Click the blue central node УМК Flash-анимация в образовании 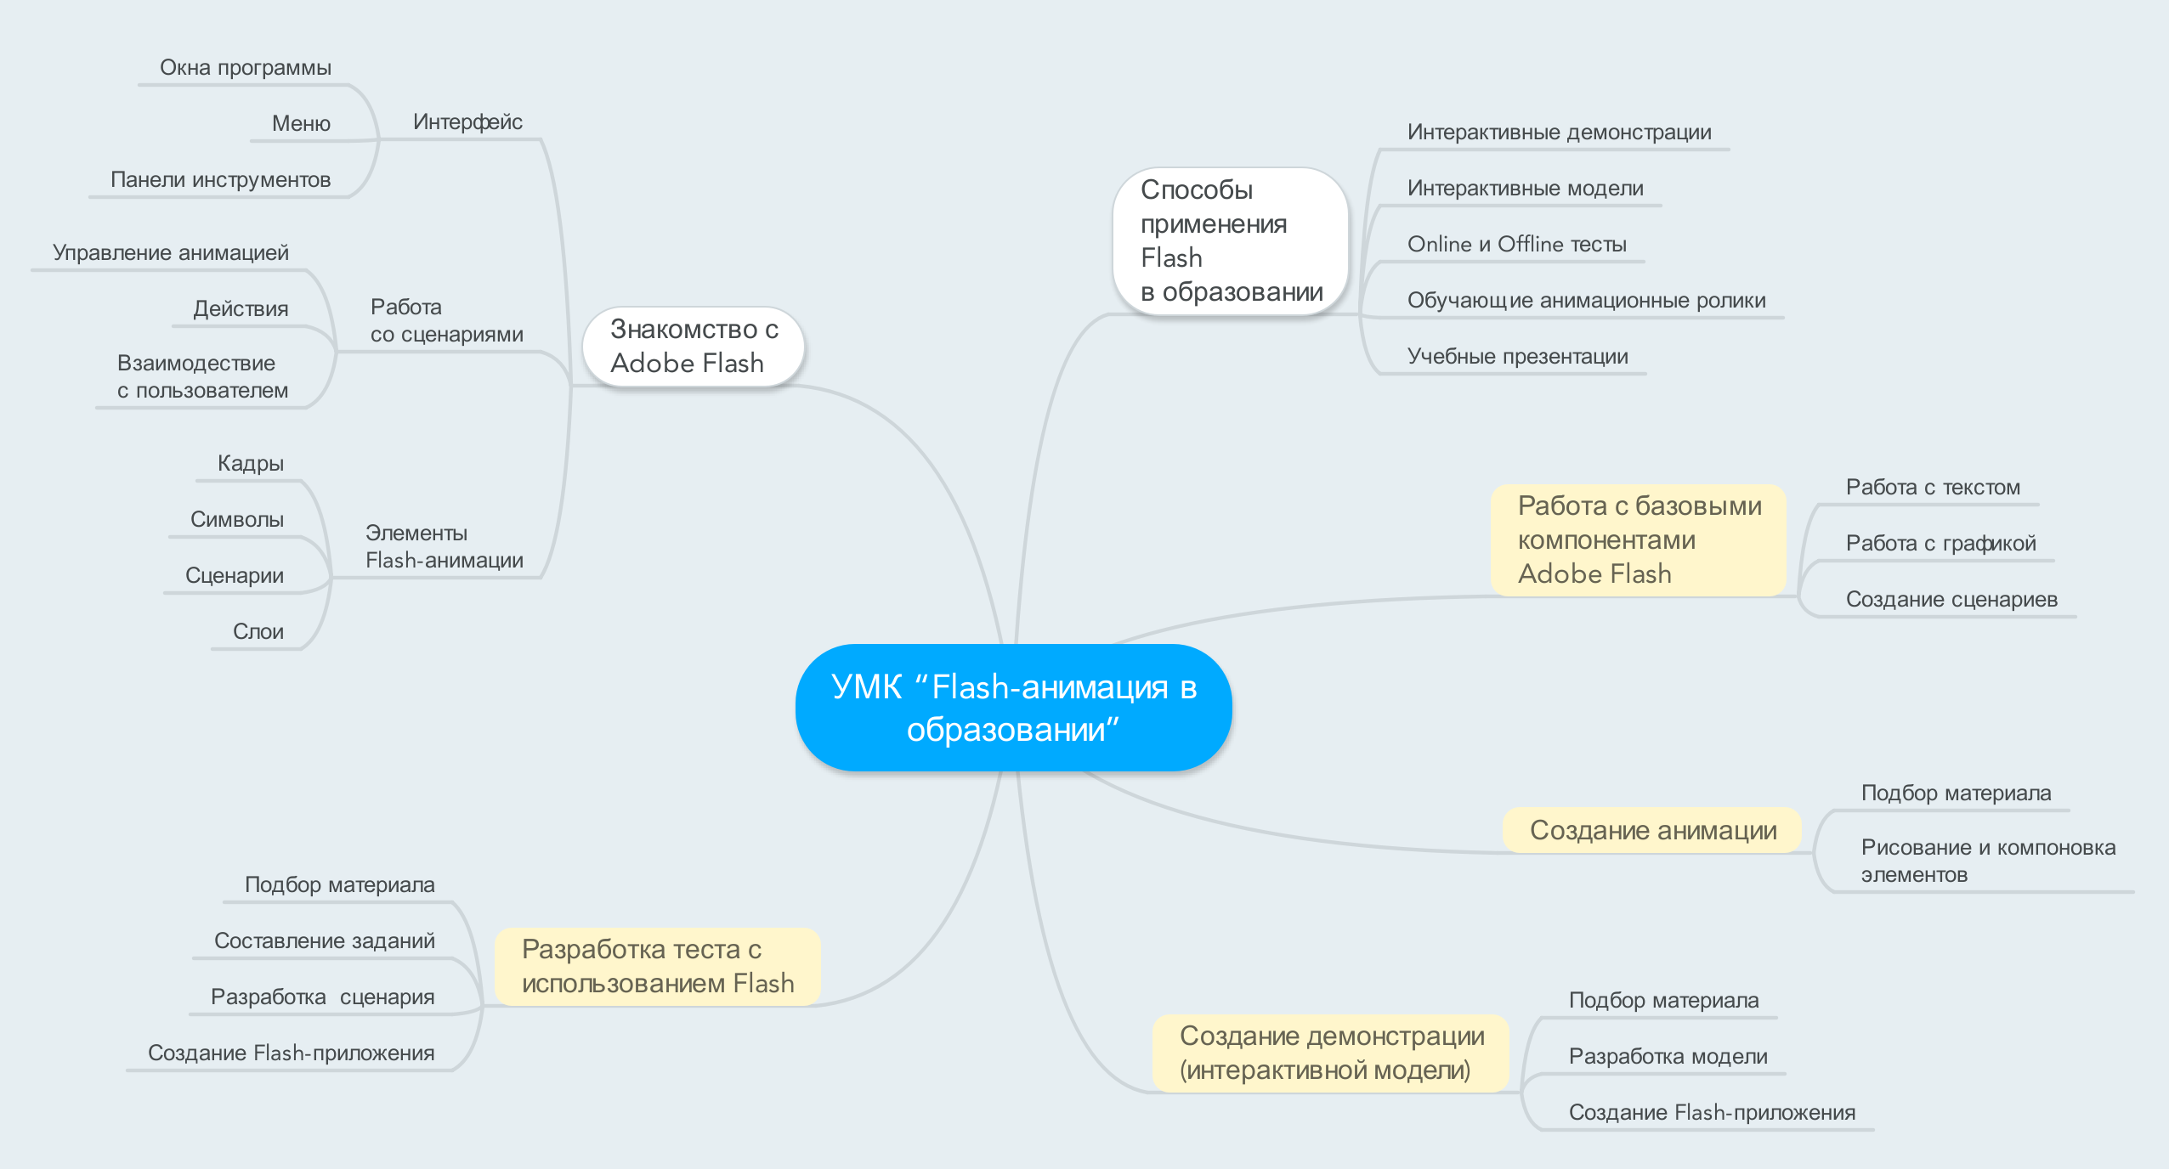(x=1013, y=707)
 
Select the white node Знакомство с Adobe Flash (x=693, y=347)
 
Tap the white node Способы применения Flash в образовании (x=1230, y=241)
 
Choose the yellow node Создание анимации (x=1651, y=830)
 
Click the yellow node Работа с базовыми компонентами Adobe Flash (x=1638, y=539)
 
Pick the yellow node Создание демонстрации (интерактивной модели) (x=1330, y=1053)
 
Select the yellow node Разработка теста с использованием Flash (x=657, y=967)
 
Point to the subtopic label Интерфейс (x=467, y=122)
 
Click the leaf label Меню (x=301, y=124)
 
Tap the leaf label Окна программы (x=246, y=68)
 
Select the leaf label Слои (x=258, y=632)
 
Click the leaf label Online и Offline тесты (x=1517, y=245)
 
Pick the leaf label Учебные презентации (x=1518, y=357)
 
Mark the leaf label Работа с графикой (x=1941, y=544)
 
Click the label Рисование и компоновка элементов (x=1988, y=861)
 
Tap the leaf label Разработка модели (x=1668, y=1057)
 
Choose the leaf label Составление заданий (x=325, y=941)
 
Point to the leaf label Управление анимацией (x=171, y=253)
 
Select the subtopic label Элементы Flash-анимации (x=445, y=546)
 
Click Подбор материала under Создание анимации (x=1956, y=793)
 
